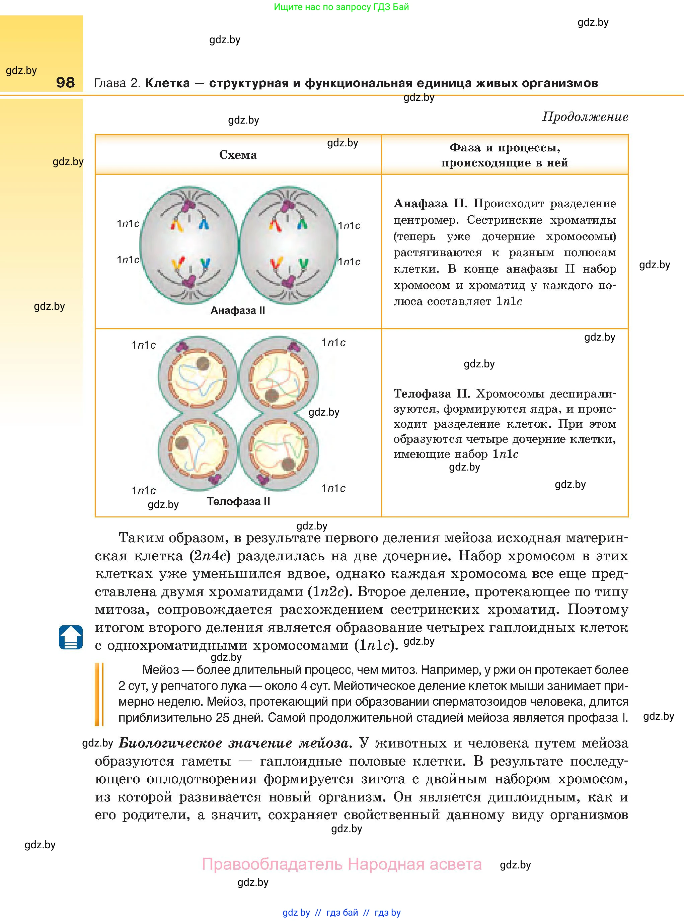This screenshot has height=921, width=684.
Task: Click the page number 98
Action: [x=65, y=82]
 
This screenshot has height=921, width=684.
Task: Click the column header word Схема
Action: [x=238, y=155]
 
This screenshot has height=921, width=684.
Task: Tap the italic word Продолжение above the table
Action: [x=585, y=117]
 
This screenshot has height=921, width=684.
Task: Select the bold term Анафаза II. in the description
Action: [x=430, y=204]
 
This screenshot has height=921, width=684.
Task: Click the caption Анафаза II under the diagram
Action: [x=237, y=310]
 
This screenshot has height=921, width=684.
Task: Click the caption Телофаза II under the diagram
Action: [x=238, y=501]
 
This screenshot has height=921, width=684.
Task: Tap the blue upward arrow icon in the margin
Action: [x=71, y=637]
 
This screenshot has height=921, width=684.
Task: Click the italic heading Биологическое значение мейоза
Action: [x=235, y=743]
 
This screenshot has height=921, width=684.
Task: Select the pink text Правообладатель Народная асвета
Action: [x=341, y=864]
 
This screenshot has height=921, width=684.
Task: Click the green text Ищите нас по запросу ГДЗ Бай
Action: [x=341, y=7]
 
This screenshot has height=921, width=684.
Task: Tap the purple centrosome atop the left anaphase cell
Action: [x=189, y=205]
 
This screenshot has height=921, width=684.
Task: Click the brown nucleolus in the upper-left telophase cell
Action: [x=203, y=364]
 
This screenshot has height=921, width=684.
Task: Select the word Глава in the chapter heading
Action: [x=110, y=83]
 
